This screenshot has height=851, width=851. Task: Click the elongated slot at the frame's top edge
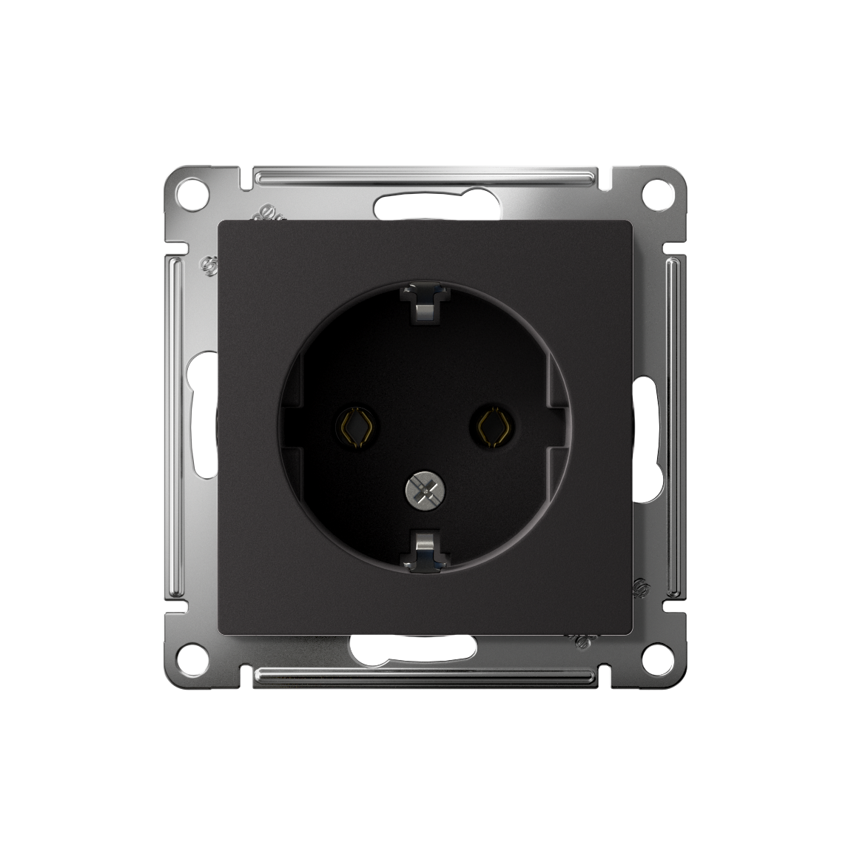coord(425,208)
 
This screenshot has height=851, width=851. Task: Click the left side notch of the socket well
coord(294,425)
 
